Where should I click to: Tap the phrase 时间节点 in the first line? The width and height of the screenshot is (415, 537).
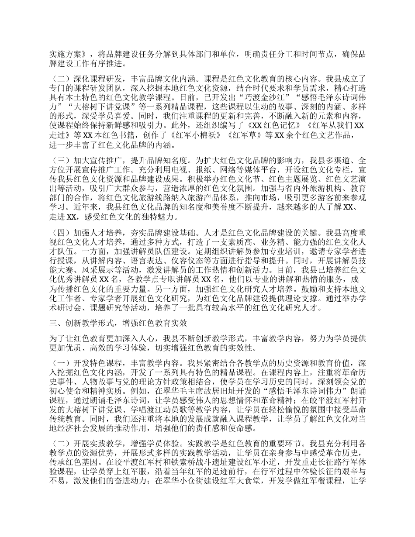point(318,55)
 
